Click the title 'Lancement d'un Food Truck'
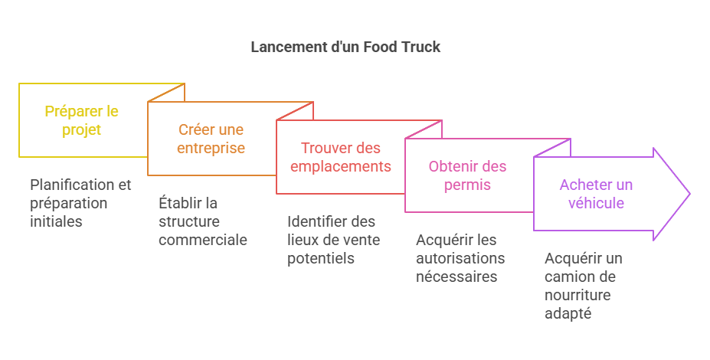345,47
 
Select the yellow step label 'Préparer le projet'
81,120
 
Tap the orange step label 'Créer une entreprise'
211,139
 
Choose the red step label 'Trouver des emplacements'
340,157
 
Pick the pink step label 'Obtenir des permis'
467,175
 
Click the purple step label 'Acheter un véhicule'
595,194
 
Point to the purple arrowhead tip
689,194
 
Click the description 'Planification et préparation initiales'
80,203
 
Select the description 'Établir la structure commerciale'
202,221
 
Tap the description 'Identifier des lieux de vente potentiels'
333,240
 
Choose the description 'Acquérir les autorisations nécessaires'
460,258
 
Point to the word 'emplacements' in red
340,166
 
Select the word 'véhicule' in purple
595,203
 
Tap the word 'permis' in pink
467,185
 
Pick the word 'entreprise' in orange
211,148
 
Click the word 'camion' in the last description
568,277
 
